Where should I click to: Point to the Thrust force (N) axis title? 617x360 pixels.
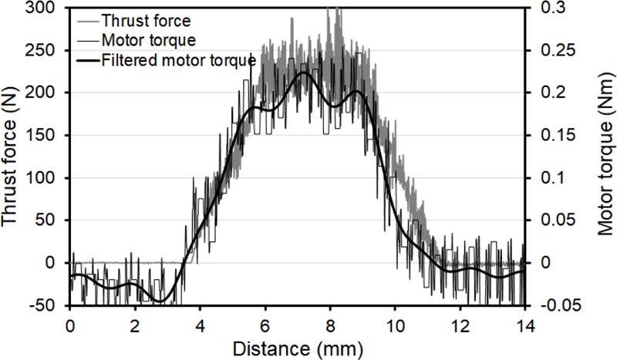(x=12, y=154)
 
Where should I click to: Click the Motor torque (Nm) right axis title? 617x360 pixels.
(x=605, y=154)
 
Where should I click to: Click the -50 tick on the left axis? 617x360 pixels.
(x=48, y=305)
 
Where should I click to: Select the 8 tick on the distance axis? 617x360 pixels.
(x=330, y=324)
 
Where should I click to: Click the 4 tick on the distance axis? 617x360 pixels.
(x=200, y=324)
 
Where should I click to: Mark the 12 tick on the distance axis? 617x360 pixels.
(x=460, y=324)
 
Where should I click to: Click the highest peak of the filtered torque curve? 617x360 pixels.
(x=304, y=72)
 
